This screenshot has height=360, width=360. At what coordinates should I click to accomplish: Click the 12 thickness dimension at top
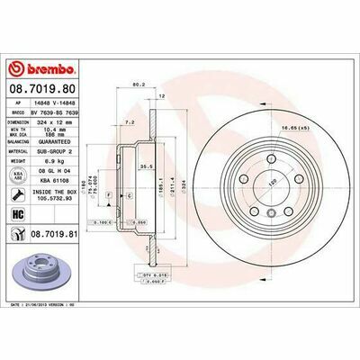click(162, 95)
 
